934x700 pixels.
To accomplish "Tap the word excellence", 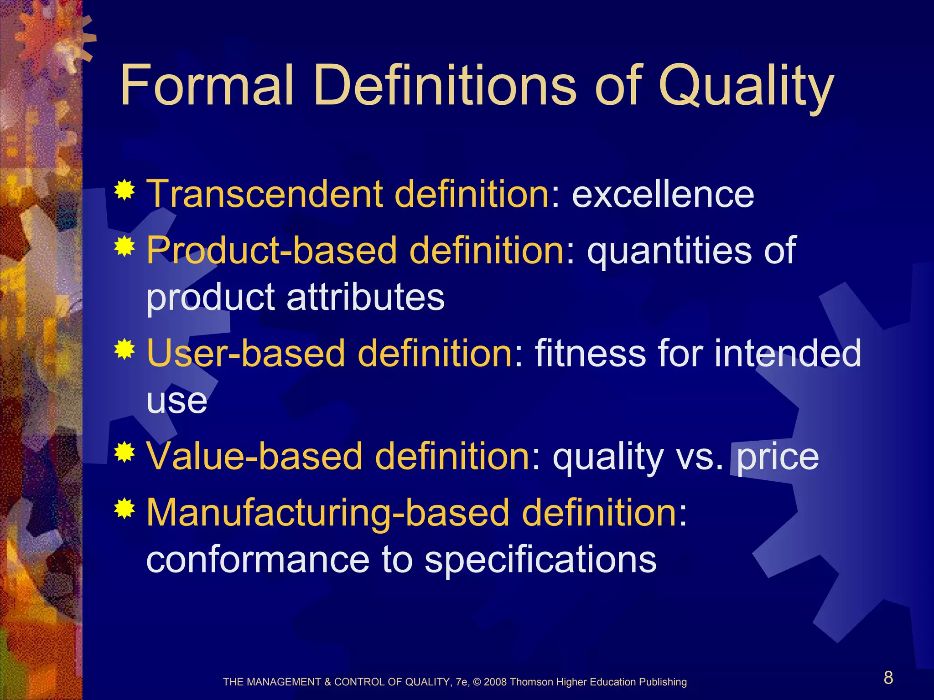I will pyautogui.click(x=663, y=194).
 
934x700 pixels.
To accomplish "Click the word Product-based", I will pyautogui.click(x=271, y=251).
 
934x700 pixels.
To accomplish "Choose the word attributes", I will pyautogui.click(x=365, y=297).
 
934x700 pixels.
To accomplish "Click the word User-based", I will pyautogui.click(x=246, y=353).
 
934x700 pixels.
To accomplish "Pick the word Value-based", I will pyautogui.click(x=255, y=456).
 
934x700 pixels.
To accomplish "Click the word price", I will pyautogui.click(x=778, y=457).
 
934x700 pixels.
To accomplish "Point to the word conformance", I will pyautogui.click(x=258, y=560).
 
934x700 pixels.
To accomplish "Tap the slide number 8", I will pyautogui.click(x=888, y=678).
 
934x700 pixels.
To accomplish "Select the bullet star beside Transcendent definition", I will pyautogui.click(x=125, y=190).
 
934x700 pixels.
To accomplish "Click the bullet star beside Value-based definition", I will pyautogui.click(x=125, y=453).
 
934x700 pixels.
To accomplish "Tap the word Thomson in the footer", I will pyautogui.click(x=531, y=682).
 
